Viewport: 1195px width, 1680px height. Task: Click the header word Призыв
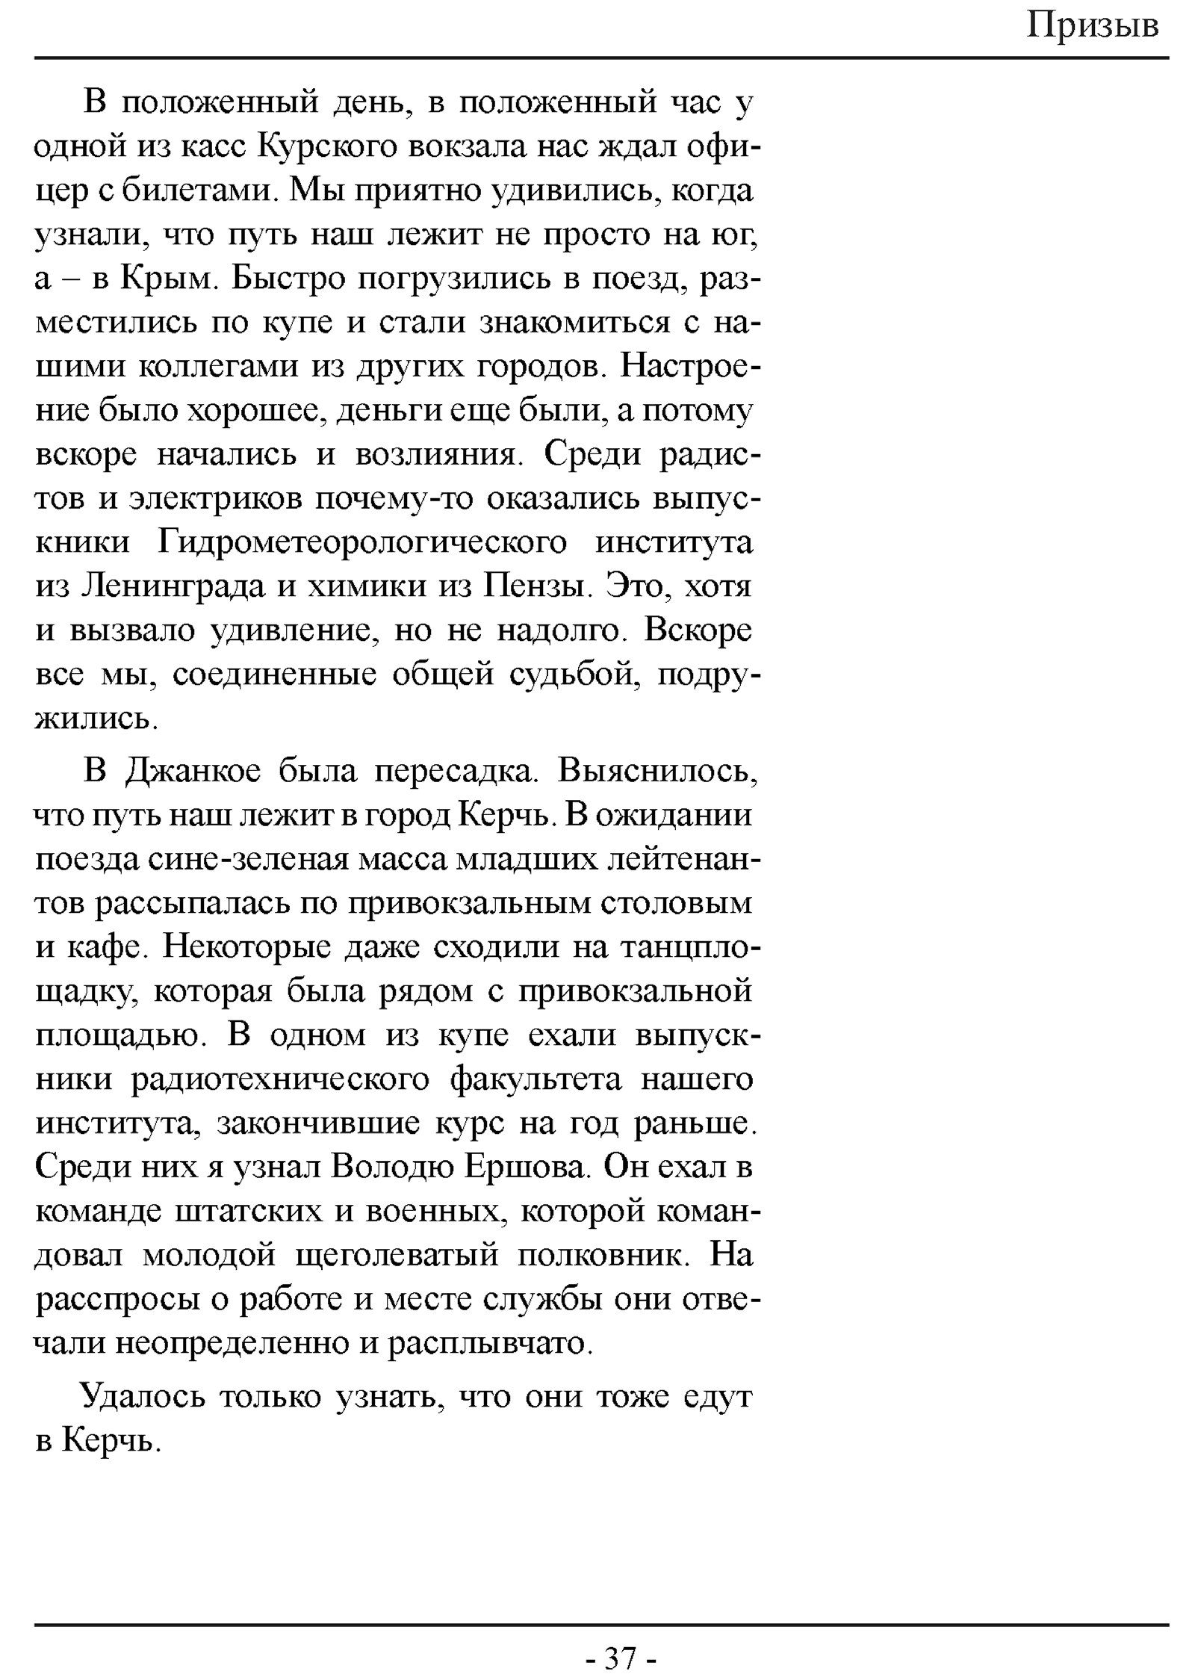(x=1093, y=27)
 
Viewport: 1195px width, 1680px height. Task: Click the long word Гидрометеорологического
(x=363, y=543)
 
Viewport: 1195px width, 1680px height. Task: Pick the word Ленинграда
(x=172, y=587)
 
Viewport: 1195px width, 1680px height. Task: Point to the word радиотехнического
(x=280, y=1080)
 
